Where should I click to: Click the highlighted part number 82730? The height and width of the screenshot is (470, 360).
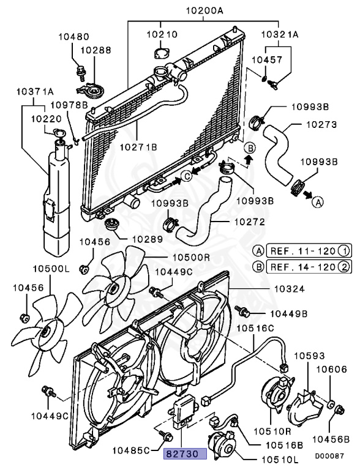[x=185, y=453]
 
